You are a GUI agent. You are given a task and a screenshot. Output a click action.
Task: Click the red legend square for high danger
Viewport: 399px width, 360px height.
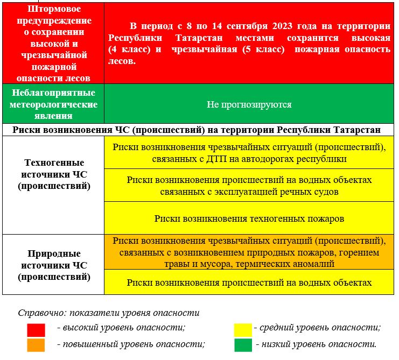(36, 329)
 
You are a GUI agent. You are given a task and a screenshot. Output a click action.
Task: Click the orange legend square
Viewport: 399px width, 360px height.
(36, 345)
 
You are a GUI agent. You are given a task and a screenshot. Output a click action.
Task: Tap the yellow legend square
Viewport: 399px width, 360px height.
(243, 329)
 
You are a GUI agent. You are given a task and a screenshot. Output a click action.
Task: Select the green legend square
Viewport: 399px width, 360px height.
(243, 345)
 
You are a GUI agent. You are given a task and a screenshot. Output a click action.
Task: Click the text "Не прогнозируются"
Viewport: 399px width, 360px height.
(249, 104)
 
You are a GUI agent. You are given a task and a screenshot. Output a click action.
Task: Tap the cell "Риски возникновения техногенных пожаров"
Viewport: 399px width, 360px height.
(249, 218)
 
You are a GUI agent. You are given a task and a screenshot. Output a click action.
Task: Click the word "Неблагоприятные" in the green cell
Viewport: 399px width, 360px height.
(53, 93)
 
